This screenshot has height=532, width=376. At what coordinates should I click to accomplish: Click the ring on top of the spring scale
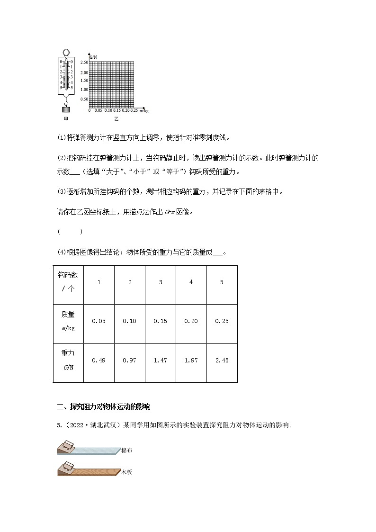66,52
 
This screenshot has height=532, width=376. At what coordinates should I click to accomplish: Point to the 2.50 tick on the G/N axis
84,63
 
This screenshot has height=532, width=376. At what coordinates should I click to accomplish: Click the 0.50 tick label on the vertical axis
84,99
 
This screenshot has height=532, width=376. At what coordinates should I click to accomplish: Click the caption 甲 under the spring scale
66,119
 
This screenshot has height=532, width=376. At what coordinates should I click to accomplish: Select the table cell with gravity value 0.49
98,361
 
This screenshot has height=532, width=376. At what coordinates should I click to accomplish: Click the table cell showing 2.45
222,361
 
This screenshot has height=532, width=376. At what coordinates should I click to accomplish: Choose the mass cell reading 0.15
160,321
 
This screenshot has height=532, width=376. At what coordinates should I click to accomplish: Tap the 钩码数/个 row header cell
68,282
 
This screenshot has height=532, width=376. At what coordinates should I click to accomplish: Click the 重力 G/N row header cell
68,361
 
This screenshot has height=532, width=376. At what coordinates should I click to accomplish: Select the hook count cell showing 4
191,282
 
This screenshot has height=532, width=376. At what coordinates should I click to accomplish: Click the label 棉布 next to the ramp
126,451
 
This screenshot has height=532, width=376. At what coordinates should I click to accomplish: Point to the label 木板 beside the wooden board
126,472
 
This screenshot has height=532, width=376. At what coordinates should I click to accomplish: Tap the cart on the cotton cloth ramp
68,444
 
